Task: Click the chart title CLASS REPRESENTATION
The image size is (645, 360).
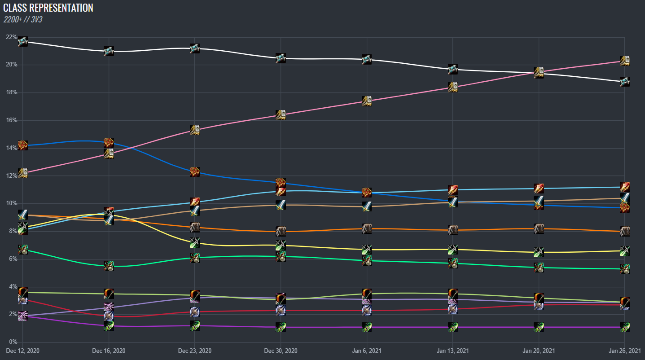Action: tap(48, 8)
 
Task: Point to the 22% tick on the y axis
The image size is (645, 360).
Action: tap(11, 37)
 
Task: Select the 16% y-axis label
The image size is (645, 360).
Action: tap(11, 120)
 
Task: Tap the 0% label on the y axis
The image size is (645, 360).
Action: tap(13, 342)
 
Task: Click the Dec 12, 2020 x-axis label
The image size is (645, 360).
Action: tap(22, 350)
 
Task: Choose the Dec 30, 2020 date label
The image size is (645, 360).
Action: tap(281, 350)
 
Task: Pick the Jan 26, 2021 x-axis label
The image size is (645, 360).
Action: tap(625, 350)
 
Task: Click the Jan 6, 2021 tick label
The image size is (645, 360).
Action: tap(367, 350)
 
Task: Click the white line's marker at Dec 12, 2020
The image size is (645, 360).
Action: tap(22, 42)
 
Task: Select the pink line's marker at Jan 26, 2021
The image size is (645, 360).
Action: tap(625, 61)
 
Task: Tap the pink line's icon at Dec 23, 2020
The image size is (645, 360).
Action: tap(194, 130)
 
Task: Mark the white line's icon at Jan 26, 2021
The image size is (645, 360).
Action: tap(625, 82)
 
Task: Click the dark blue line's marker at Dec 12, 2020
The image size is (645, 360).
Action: tap(22, 145)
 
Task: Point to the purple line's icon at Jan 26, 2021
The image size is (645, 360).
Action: tap(625, 327)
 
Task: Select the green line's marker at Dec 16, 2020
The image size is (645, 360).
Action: tap(109, 266)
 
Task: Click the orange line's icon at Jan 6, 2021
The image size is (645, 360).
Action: tap(367, 228)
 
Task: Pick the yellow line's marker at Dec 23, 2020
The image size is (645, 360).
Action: tap(194, 243)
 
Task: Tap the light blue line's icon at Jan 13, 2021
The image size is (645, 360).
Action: tap(453, 189)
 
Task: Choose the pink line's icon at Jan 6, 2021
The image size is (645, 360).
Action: tap(367, 101)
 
